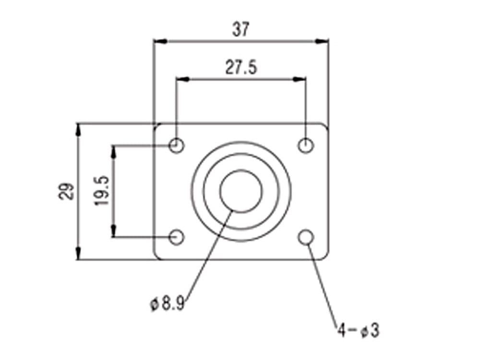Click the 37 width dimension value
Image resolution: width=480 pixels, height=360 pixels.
tap(241, 30)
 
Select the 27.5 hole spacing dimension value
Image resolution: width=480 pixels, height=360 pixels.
tap(241, 68)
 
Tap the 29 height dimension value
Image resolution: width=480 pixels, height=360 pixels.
tap(68, 191)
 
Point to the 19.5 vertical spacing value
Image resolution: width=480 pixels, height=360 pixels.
tap(102, 191)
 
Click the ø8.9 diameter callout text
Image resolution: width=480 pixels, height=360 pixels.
tap(167, 304)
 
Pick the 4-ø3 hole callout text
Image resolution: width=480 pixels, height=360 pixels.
tap(358, 330)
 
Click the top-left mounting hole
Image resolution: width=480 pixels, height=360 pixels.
tap(177, 144)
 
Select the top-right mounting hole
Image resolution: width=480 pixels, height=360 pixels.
tap(306, 144)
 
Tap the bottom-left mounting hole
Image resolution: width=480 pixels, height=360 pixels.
tap(177, 237)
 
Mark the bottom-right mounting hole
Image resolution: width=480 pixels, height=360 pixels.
tap(306, 237)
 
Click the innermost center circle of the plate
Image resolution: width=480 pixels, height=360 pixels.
tap(241, 191)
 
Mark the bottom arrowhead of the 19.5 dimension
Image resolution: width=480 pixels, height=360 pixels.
tap(114, 231)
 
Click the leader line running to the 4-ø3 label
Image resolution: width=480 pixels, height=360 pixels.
tap(323, 283)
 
